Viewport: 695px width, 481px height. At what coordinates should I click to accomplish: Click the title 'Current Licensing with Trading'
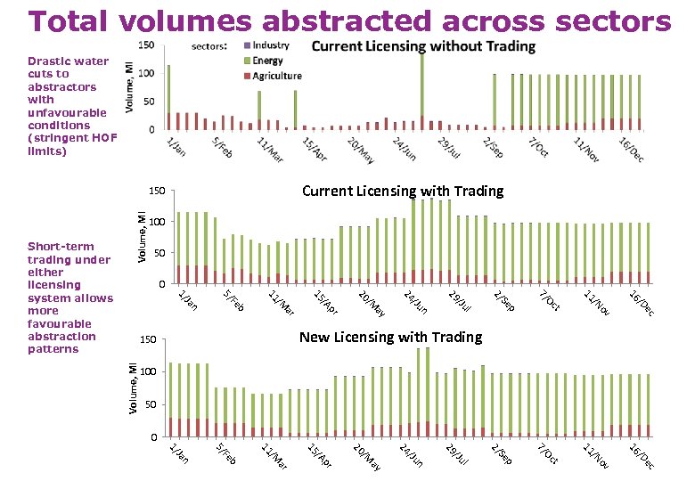coord(403,191)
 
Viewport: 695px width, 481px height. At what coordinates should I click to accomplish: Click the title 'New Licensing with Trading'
coord(390,337)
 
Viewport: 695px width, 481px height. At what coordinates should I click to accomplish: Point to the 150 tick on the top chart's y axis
coord(147,45)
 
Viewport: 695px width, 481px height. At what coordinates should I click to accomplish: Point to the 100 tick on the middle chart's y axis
coord(158,222)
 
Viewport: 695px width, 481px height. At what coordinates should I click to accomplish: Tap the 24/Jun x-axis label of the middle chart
coord(415,302)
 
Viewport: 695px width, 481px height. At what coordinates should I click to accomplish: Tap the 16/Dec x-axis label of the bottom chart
coord(642,456)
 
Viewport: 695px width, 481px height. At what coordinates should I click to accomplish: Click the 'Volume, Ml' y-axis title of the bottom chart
coord(132,388)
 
